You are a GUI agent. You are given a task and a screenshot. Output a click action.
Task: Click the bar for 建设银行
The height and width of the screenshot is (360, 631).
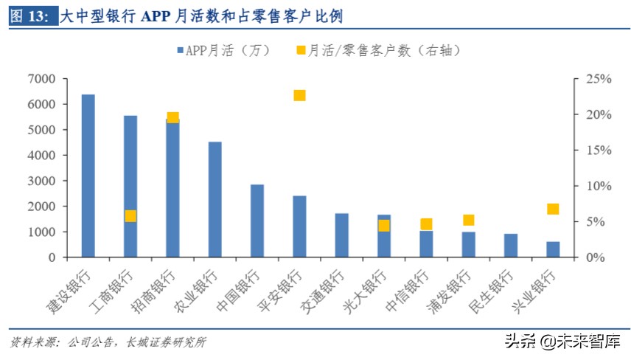tap(88, 176)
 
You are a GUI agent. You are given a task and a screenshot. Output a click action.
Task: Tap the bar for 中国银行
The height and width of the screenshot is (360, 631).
tap(257, 221)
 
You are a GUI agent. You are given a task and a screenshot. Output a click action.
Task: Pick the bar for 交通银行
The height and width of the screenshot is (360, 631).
tap(341, 235)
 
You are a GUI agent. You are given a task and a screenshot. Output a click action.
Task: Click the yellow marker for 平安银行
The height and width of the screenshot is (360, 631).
tap(299, 95)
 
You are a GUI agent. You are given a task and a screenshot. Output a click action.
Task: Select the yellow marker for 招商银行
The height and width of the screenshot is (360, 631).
tap(172, 117)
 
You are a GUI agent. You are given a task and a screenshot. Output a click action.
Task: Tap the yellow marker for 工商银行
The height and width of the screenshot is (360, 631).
tap(130, 216)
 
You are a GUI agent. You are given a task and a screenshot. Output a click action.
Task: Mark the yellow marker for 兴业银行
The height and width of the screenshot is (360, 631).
tap(553, 209)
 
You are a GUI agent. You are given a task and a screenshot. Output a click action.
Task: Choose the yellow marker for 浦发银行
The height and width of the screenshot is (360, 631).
tap(468, 220)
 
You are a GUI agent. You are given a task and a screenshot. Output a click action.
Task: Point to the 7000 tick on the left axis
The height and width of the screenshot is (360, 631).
tap(42, 79)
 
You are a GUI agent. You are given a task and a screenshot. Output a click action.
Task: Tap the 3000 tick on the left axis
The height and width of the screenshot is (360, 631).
tap(42, 181)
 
